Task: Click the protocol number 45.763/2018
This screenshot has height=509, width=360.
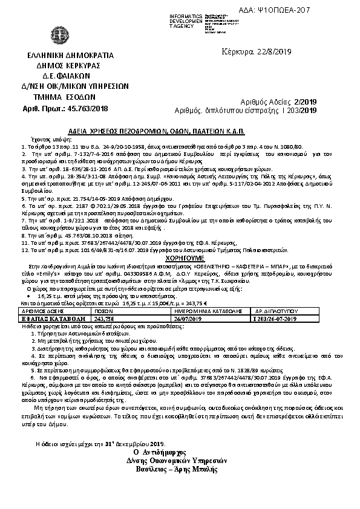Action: click(88, 107)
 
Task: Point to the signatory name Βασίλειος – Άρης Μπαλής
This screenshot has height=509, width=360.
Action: click(180, 468)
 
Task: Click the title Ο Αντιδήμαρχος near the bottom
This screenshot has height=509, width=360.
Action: click(180, 452)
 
